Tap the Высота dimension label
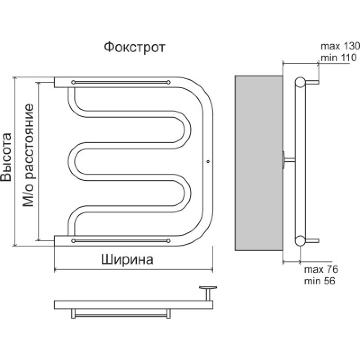(6, 157)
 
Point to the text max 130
(340, 46)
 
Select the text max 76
(321, 270)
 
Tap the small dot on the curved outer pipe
(207, 161)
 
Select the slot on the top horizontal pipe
(121, 82)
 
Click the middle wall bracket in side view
(288, 159)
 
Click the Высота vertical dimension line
(16, 162)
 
